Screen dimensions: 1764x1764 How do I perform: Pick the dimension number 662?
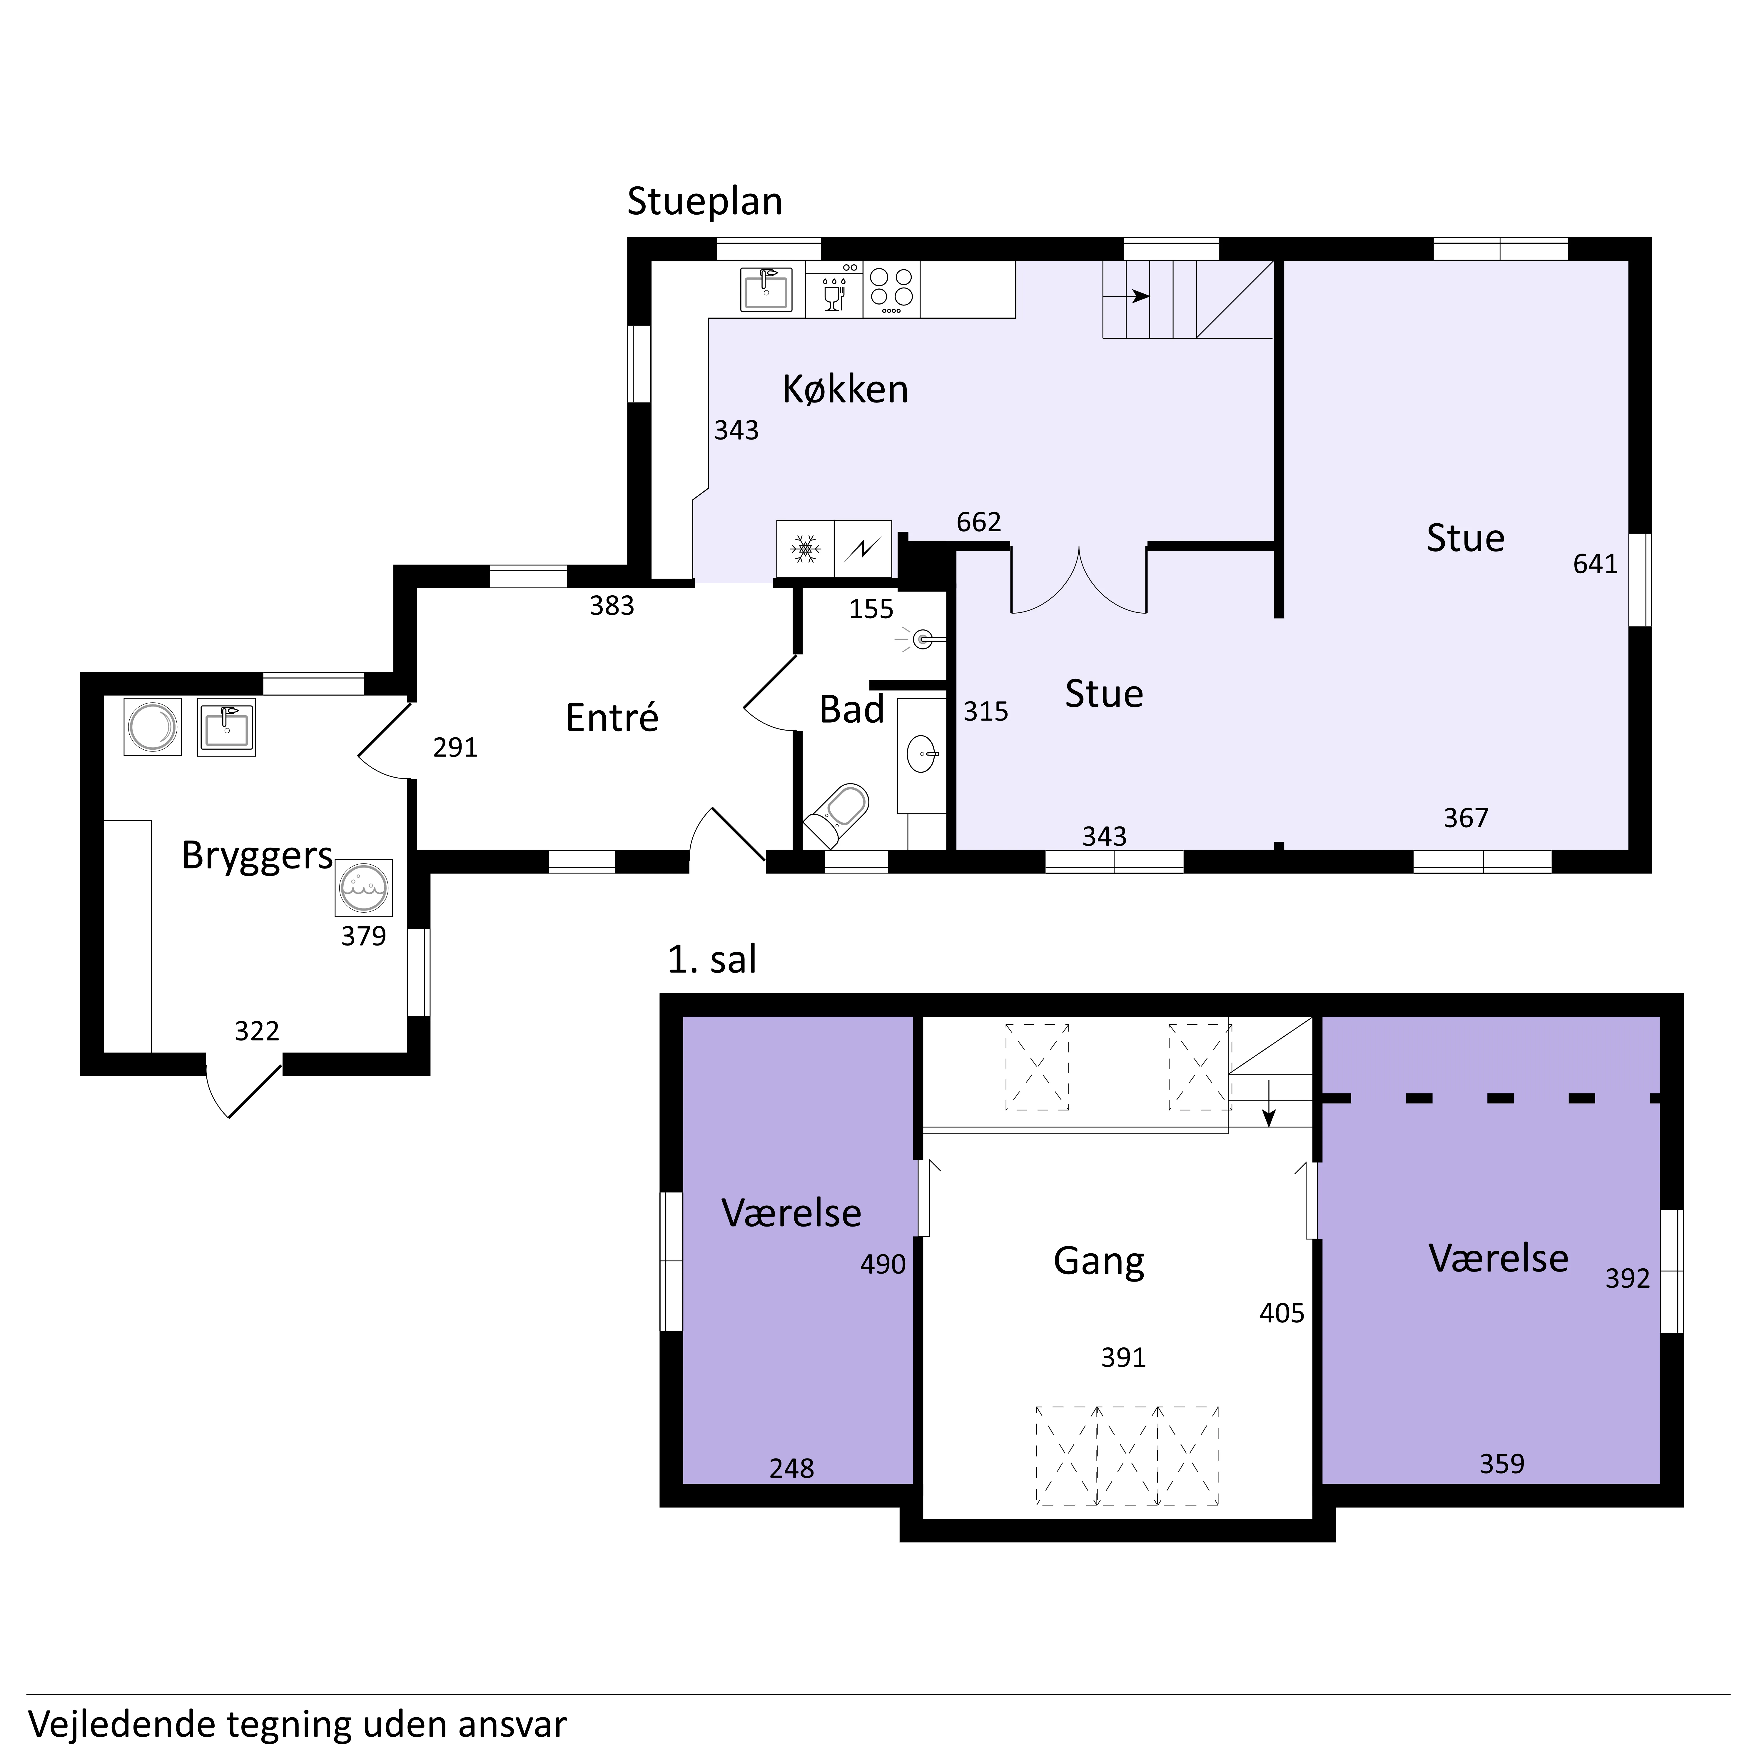979,521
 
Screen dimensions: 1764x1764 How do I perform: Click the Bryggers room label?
258,856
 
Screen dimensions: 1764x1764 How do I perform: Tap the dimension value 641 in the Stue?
1595,564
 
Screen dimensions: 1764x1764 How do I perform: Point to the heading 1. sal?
712,960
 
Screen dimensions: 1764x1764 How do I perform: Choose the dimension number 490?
883,1264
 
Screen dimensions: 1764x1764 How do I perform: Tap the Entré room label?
612,718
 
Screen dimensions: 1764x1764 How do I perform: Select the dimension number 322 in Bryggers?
257,1031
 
